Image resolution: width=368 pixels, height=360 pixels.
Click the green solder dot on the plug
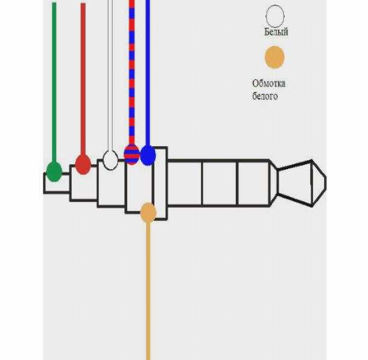[54, 172]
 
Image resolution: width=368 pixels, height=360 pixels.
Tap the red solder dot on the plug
[83, 164]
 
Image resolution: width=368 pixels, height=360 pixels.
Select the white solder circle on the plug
[110, 160]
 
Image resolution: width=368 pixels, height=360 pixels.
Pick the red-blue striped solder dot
[132, 155]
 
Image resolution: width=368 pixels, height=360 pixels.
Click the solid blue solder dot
[148, 155]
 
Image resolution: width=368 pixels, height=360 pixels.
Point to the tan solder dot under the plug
[148, 213]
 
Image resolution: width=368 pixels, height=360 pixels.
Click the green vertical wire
[54, 82]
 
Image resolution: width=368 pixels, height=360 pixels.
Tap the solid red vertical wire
[83, 79]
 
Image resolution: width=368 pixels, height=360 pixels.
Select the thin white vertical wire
[110, 75]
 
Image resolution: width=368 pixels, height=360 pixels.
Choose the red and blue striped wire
[132, 72]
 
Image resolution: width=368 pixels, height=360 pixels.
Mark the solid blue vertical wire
[148, 73]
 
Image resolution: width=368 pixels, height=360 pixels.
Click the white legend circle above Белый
[275, 16]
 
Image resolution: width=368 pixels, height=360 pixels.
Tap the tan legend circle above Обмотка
[274, 57]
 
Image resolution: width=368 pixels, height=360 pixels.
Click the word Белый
[276, 32]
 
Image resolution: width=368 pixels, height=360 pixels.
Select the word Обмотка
[269, 83]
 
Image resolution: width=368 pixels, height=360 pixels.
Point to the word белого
[265, 96]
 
